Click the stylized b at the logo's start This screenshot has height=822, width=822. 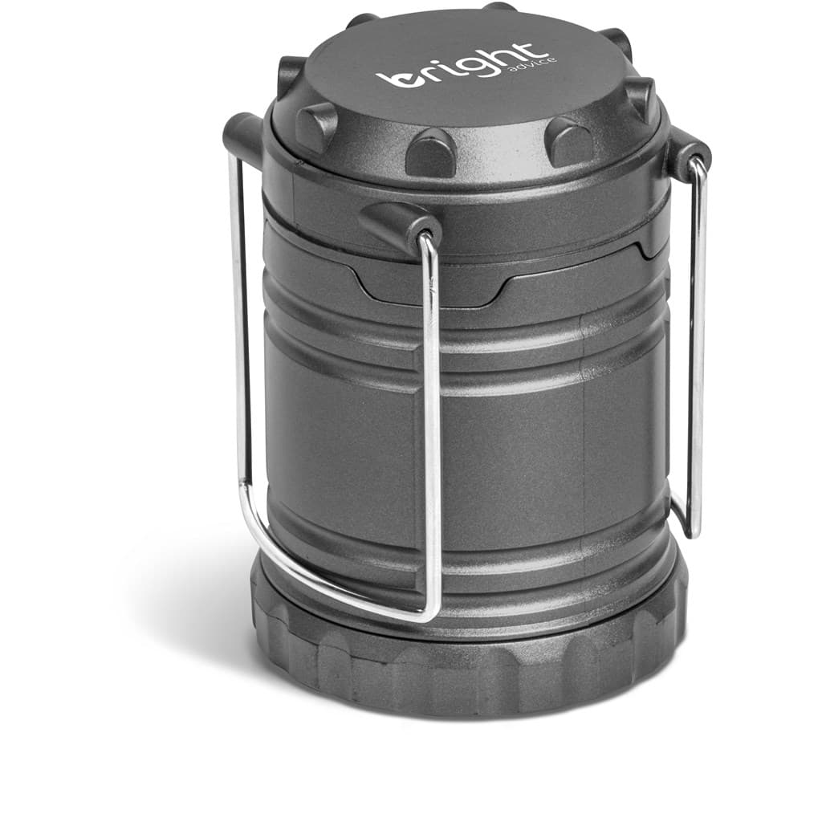click(x=399, y=78)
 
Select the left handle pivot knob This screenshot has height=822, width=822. click(x=243, y=137)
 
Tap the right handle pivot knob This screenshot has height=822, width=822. click(x=687, y=153)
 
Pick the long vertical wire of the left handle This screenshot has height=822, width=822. click(x=238, y=321)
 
